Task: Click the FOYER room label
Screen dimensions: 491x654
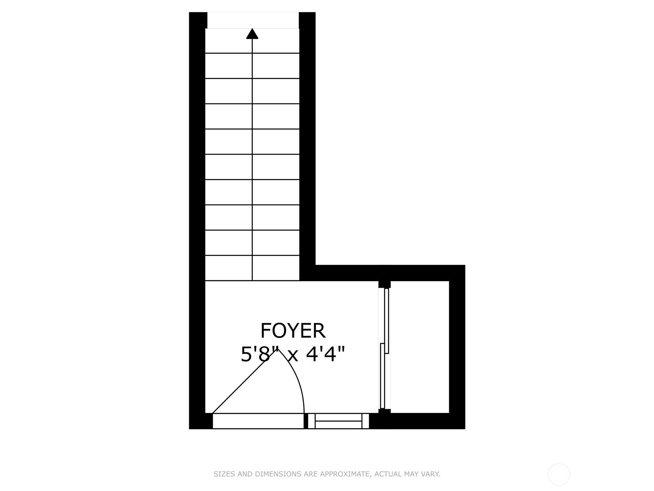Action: (293, 331)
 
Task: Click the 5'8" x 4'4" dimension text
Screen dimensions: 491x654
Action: (293, 354)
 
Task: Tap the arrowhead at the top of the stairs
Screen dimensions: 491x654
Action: (252, 34)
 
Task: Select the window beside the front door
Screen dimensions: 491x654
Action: (338, 421)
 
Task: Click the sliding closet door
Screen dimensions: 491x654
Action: (384, 348)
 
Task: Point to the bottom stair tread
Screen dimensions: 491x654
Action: (252, 268)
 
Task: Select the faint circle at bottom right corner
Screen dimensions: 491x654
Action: (559, 475)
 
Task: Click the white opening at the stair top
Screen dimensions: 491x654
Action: (253, 20)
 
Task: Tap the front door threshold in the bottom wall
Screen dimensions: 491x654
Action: (258, 421)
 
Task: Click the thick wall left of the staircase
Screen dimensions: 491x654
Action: (197, 164)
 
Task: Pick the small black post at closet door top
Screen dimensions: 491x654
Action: (384, 284)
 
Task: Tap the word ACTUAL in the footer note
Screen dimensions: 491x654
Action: (388, 474)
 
